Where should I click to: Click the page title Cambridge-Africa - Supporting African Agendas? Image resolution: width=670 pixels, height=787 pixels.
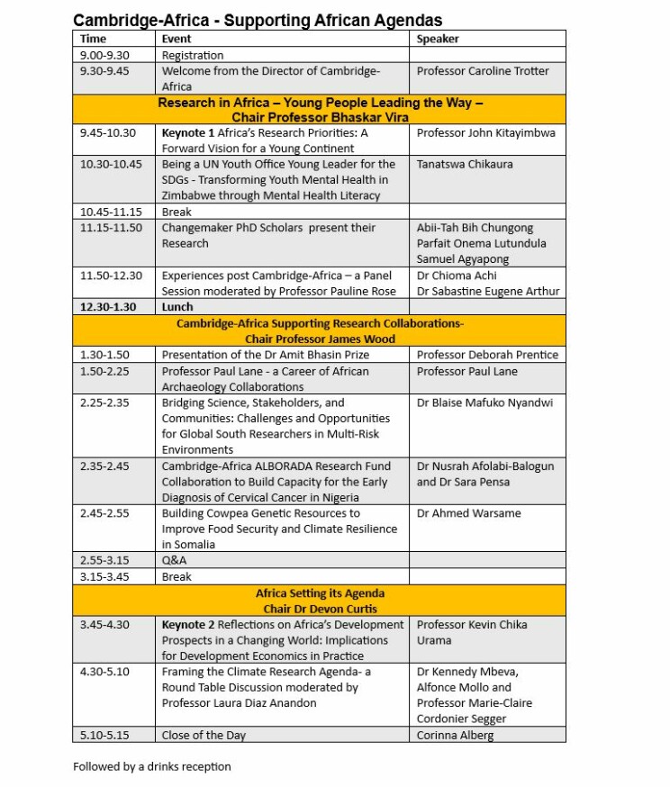click(x=258, y=20)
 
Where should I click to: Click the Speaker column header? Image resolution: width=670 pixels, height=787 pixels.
click(x=438, y=39)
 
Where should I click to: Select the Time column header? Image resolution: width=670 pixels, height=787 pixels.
click(x=93, y=39)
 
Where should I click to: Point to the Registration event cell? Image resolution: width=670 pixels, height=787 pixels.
click(x=192, y=55)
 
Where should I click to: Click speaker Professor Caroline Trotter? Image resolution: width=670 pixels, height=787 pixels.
click(x=483, y=71)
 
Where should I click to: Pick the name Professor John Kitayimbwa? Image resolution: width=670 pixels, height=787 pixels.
click(x=486, y=132)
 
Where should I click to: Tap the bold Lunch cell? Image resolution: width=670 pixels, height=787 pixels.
click(x=177, y=307)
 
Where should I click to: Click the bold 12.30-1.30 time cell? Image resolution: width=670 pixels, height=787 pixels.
click(x=108, y=307)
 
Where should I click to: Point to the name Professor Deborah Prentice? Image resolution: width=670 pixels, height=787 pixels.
click(x=487, y=355)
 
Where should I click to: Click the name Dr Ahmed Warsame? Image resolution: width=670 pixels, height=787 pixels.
click(x=468, y=513)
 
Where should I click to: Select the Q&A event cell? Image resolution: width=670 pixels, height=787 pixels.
click(x=174, y=560)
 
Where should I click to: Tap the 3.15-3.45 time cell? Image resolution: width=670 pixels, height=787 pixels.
click(x=104, y=576)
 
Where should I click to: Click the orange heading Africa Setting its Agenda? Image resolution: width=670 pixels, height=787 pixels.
click(x=320, y=593)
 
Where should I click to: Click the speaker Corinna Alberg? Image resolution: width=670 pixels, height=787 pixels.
click(x=455, y=735)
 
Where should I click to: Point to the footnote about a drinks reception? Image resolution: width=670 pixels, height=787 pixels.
click(x=152, y=766)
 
